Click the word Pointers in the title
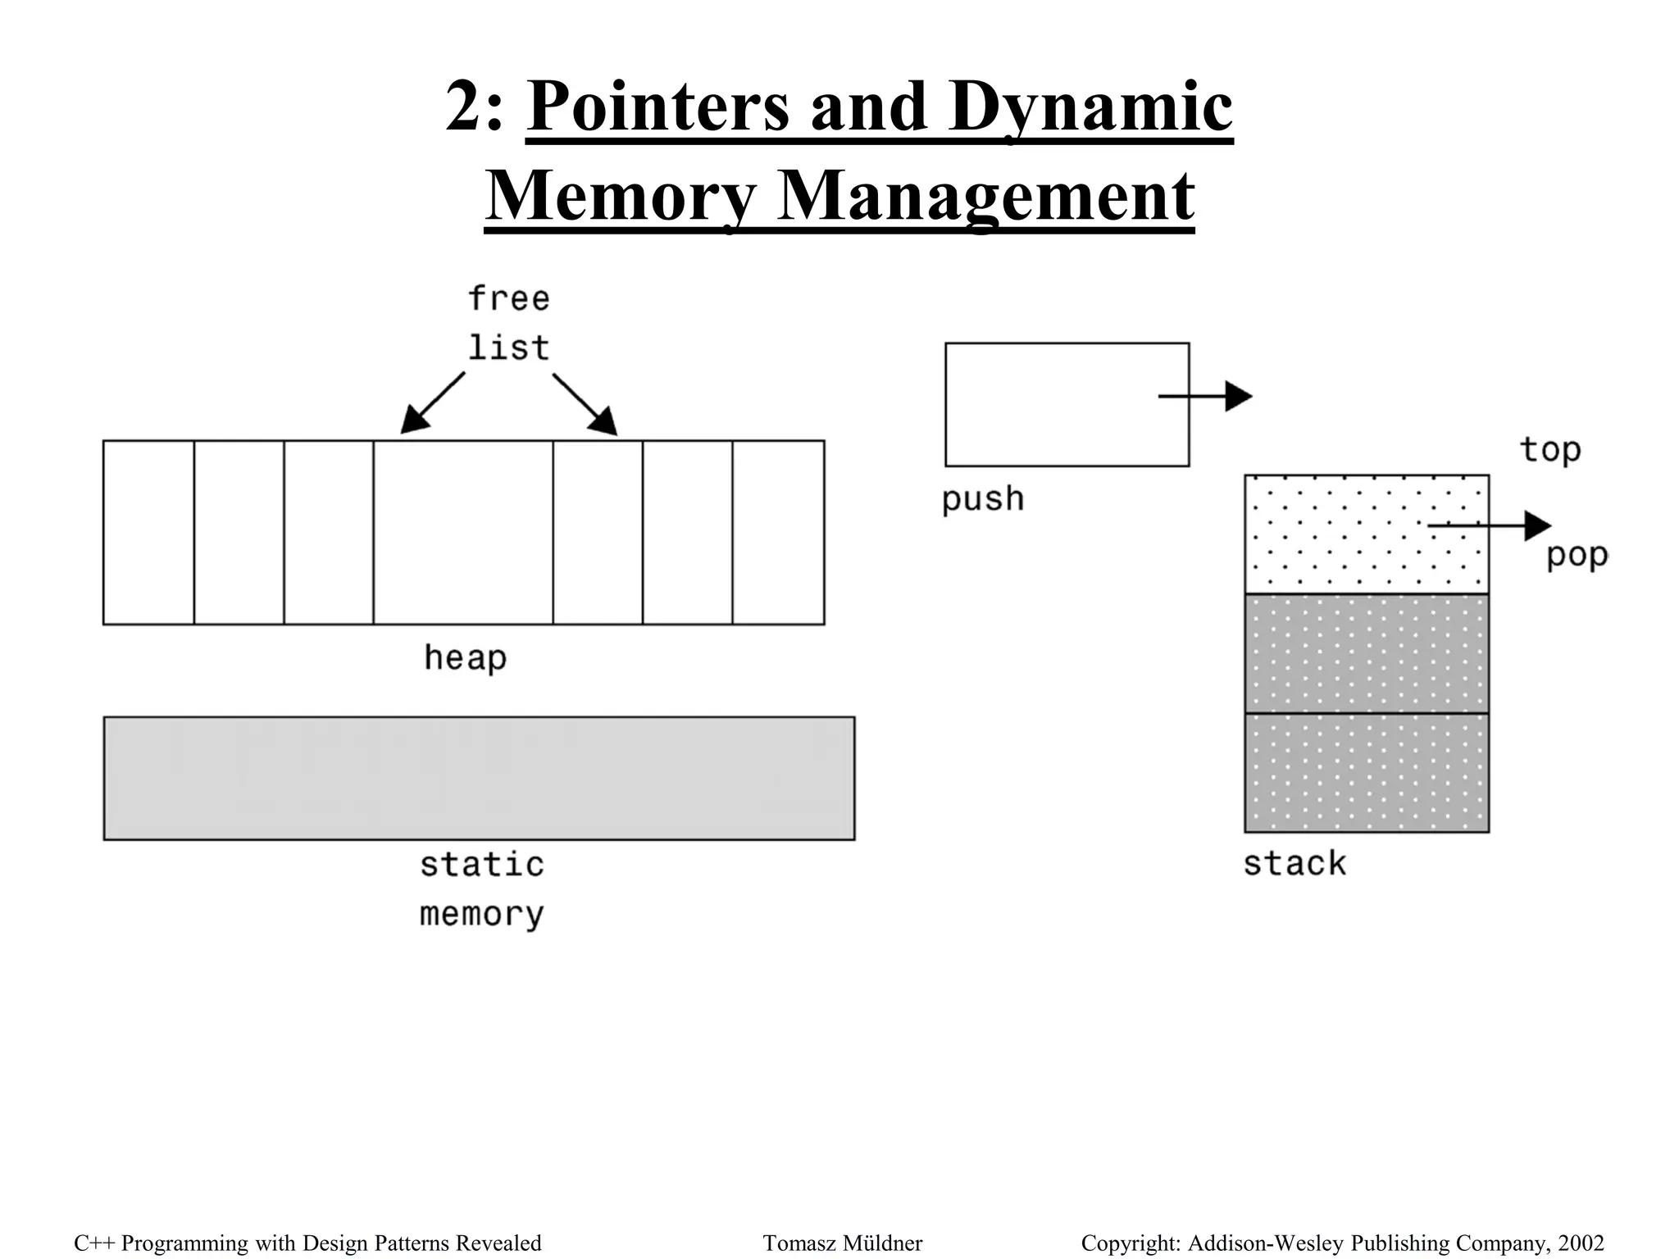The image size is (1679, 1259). click(657, 107)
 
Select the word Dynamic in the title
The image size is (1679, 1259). click(1090, 107)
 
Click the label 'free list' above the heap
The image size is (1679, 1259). click(508, 323)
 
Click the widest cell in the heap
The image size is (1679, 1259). click(463, 532)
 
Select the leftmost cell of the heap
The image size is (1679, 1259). click(148, 532)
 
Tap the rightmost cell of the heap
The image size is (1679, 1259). click(778, 532)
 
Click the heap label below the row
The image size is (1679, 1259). click(465, 658)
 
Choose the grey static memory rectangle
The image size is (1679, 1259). click(479, 778)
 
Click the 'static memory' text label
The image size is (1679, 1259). click(482, 889)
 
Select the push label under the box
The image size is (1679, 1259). click(983, 499)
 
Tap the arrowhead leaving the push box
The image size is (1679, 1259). click(1239, 397)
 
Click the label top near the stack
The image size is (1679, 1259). click(1549, 450)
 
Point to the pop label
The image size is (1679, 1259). click(1576, 556)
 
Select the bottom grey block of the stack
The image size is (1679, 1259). click(1367, 773)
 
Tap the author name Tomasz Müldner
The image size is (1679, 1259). click(842, 1243)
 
